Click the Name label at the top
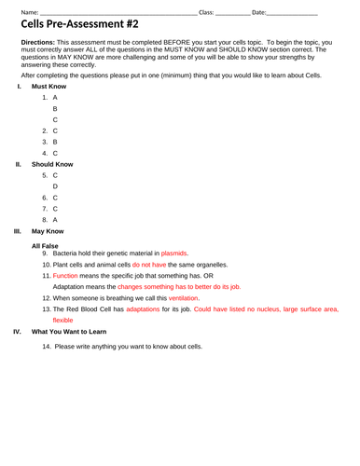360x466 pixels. (28, 12)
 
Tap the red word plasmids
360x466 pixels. (174, 253)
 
